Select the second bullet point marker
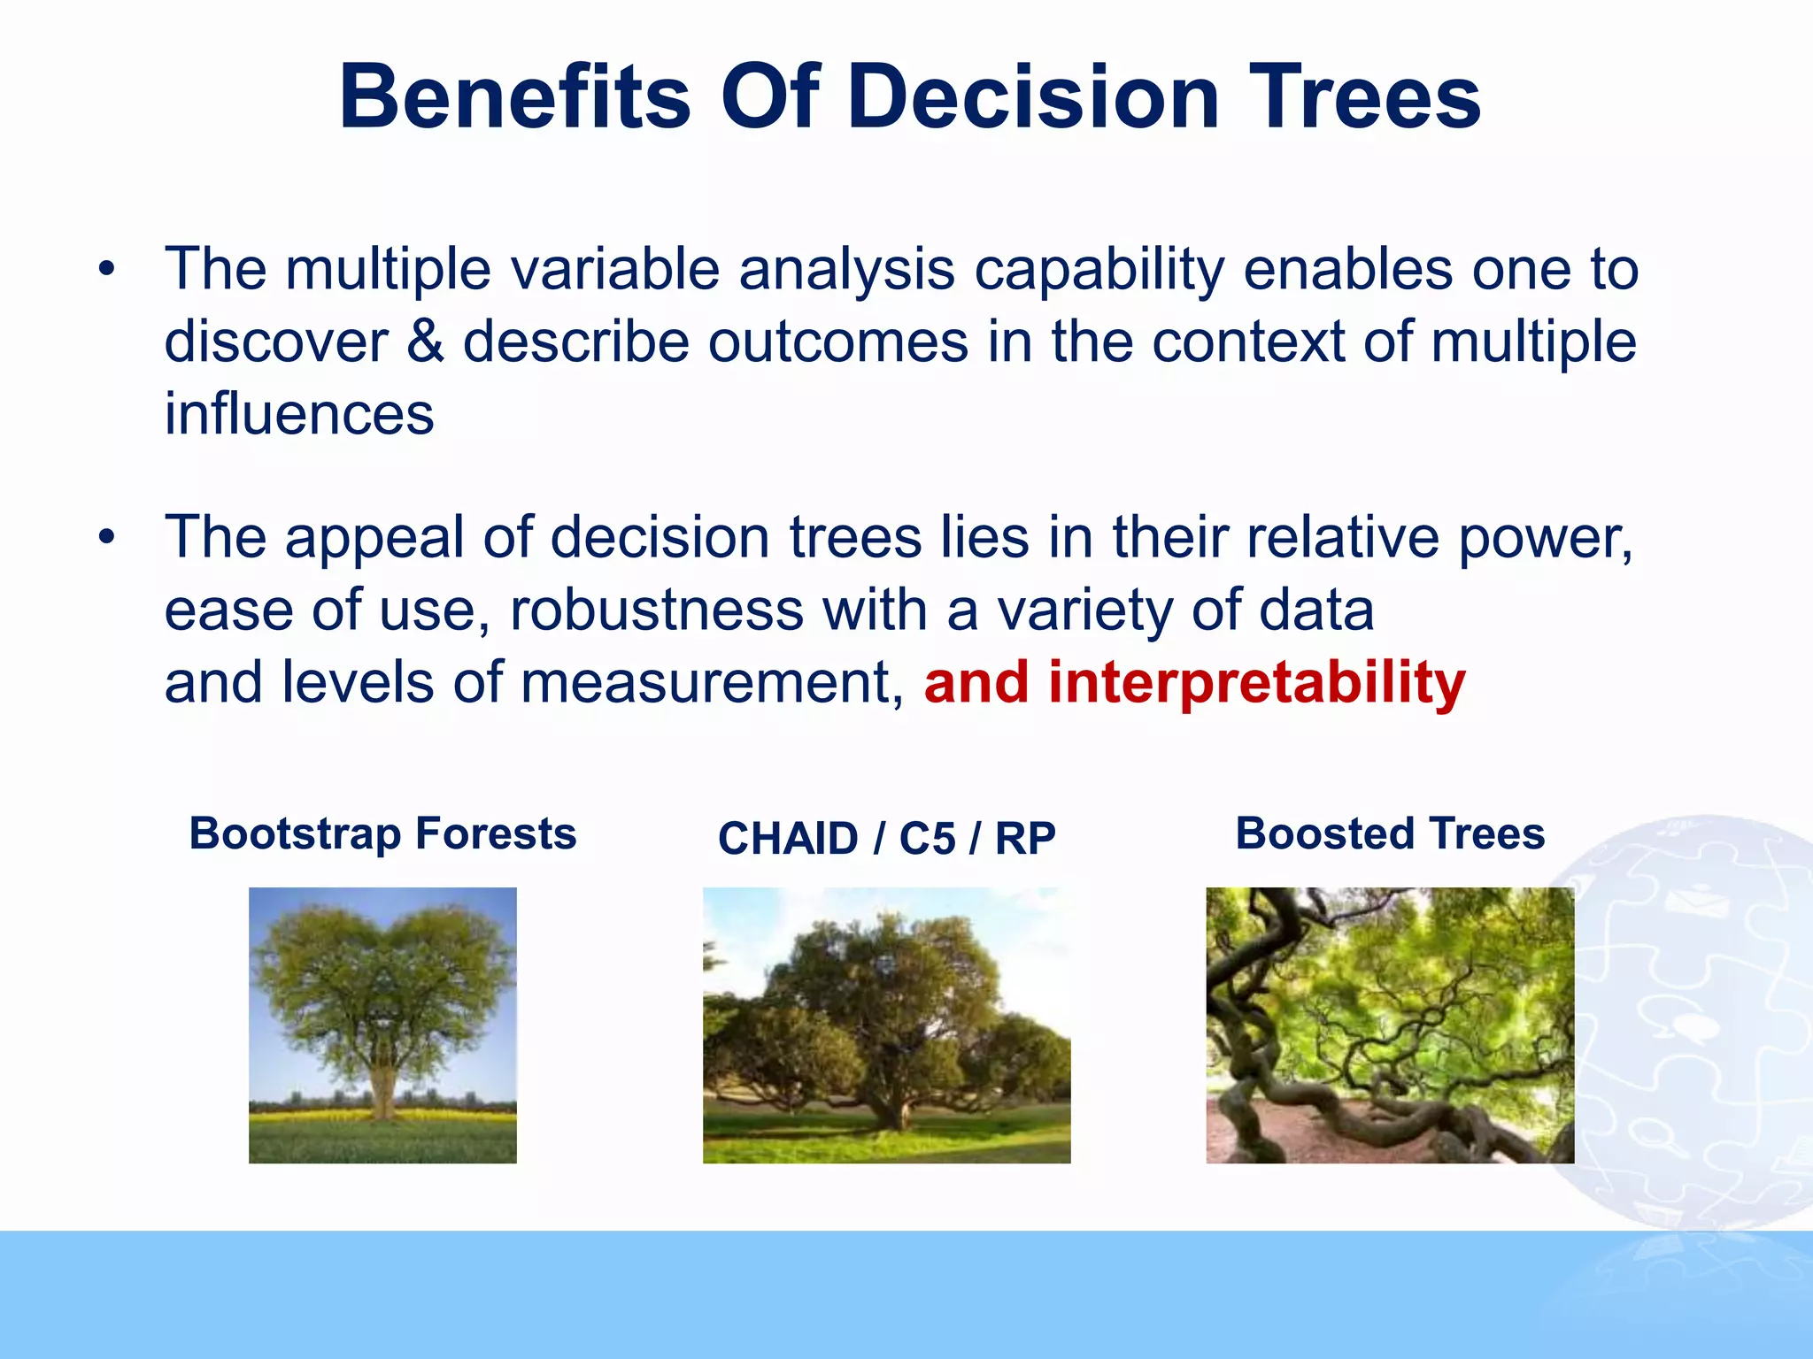[x=107, y=538]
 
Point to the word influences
[x=299, y=414]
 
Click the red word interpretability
[x=1257, y=683]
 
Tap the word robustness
[x=656, y=610]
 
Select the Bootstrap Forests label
[x=382, y=833]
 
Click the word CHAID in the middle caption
[x=788, y=839]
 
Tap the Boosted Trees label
[x=1390, y=833]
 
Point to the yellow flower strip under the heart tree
[x=382, y=1117]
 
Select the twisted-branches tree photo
[x=1390, y=1025]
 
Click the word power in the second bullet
[x=1540, y=538]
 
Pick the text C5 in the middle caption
[x=927, y=839]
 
